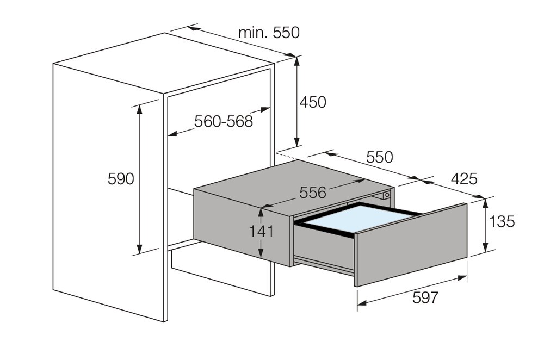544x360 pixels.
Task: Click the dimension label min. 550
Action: pyautogui.click(x=269, y=33)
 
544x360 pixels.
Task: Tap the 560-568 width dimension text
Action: pyautogui.click(x=224, y=121)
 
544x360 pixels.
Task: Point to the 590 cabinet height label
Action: pyautogui.click(x=120, y=178)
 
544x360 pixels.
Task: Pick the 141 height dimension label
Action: pyautogui.click(x=261, y=231)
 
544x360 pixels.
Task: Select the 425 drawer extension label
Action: pyautogui.click(x=463, y=179)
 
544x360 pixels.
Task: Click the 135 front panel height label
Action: pyautogui.click(x=502, y=222)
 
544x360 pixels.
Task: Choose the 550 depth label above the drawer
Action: pyautogui.click(x=379, y=157)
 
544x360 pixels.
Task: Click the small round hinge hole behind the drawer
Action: pyautogui.click(x=387, y=194)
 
